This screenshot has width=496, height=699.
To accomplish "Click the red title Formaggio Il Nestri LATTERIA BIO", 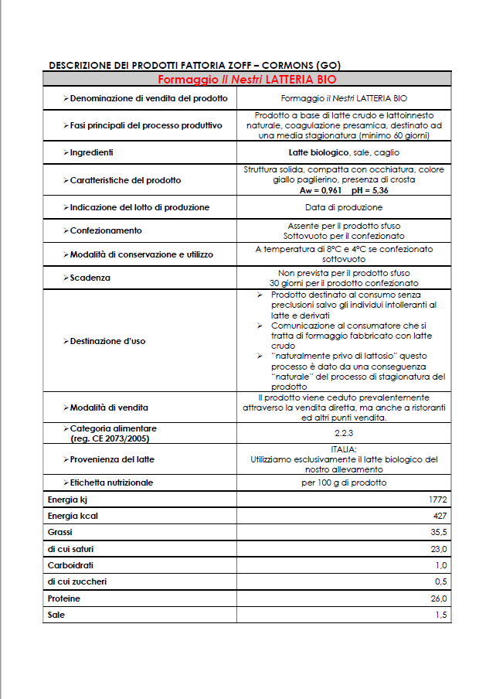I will [247, 79].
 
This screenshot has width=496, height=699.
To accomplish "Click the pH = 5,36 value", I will [370, 189].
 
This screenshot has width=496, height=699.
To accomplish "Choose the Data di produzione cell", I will [344, 207].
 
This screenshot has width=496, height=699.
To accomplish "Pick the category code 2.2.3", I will [344, 432].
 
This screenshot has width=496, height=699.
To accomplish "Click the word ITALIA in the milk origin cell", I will [344, 449].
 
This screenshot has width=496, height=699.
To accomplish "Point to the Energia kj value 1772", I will [438, 500].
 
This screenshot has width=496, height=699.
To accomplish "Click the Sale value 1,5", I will [441, 615].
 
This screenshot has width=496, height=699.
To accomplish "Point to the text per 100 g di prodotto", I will [344, 482].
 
